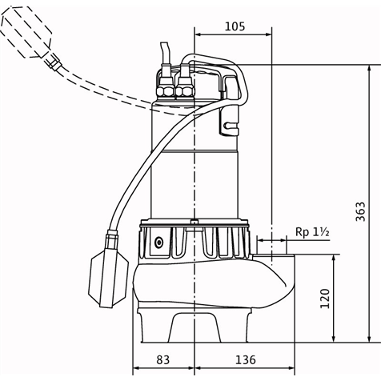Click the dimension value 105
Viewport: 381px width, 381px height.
click(x=235, y=26)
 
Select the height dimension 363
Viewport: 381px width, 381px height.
click(x=361, y=211)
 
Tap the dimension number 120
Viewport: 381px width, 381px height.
click(x=325, y=299)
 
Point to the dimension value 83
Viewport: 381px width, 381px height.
click(x=162, y=359)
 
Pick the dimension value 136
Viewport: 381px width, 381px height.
click(x=246, y=359)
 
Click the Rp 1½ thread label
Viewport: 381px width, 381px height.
click(x=312, y=232)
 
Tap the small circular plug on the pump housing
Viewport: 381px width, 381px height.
click(x=159, y=243)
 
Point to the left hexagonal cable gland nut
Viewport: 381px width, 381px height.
click(x=166, y=91)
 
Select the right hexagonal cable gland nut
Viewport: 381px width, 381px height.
click(x=184, y=91)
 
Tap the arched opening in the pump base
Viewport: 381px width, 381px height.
click(x=195, y=327)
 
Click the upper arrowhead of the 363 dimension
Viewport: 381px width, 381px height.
click(x=369, y=68)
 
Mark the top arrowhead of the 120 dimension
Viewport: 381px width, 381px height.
click(x=334, y=258)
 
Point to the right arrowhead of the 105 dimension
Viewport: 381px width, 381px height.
click(x=268, y=34)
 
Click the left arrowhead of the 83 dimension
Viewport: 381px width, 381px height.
click(x=136, y=368)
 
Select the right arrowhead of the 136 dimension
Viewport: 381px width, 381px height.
click(x=291, y=368)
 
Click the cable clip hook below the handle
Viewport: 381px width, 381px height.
click(x=229, y=120)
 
